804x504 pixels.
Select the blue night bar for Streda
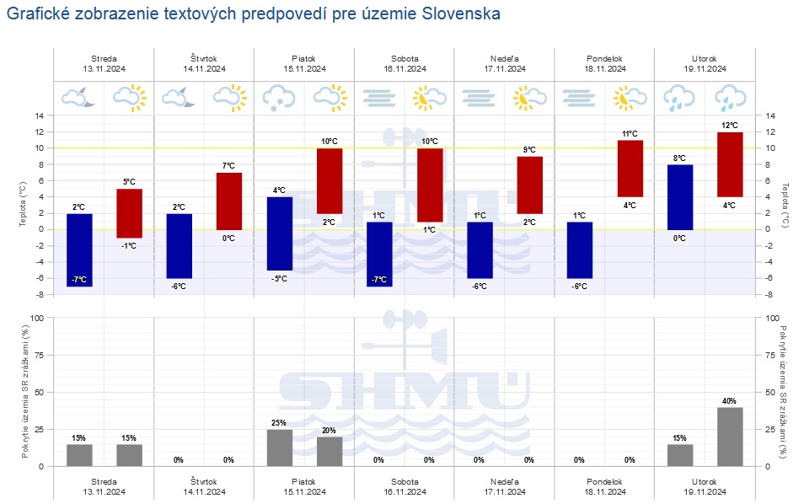79,249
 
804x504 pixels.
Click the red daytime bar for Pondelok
630,169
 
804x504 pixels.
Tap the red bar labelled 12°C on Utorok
730,164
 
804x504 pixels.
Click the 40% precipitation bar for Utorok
730,437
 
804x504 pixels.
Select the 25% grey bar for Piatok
280,448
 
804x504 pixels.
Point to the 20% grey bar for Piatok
330,451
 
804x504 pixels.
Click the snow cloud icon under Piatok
279,98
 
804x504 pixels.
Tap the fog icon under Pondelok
580,98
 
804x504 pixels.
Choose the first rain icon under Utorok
679,98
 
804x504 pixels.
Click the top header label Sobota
404,58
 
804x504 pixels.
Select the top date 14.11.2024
204,69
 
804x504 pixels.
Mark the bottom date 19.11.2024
705,491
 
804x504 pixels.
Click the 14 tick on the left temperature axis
38,115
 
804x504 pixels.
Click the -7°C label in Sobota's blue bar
379,280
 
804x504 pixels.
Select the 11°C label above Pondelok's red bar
630,134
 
